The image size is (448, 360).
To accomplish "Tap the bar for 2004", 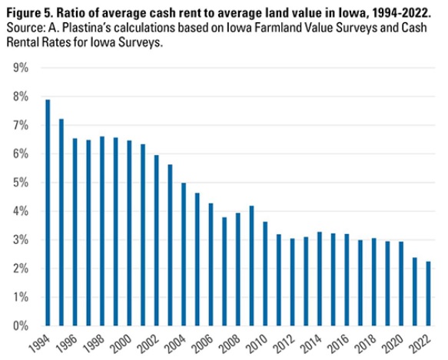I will pos(184,254).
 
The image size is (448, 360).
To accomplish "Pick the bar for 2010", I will pos(265,274).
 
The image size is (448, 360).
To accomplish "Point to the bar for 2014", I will pos(320,279).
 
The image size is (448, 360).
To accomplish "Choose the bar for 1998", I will pos(102,231).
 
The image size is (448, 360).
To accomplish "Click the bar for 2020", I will pos(401,284).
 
